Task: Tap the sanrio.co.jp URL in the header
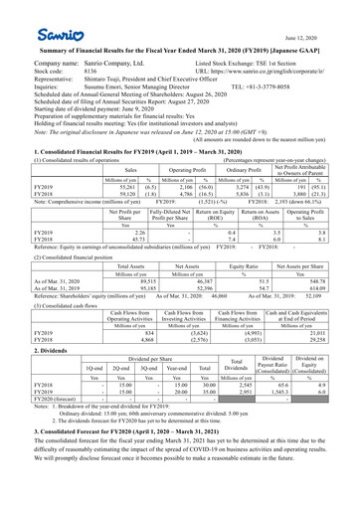tap(287, 73)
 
